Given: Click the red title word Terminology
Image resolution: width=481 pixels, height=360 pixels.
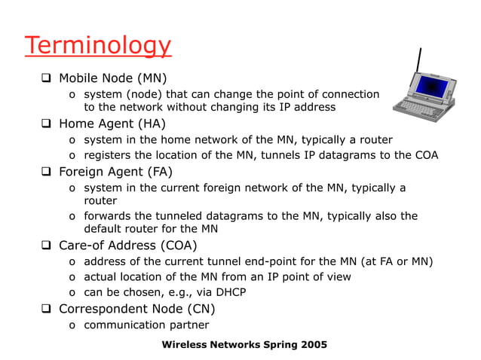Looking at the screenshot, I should (97, 45).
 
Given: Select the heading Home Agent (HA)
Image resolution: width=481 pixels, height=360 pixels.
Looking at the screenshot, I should (112, 124).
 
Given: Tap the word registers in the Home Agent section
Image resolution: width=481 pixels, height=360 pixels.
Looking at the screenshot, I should (109, 155).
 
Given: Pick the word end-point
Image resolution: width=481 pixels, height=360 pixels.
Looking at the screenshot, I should (276, 262).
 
